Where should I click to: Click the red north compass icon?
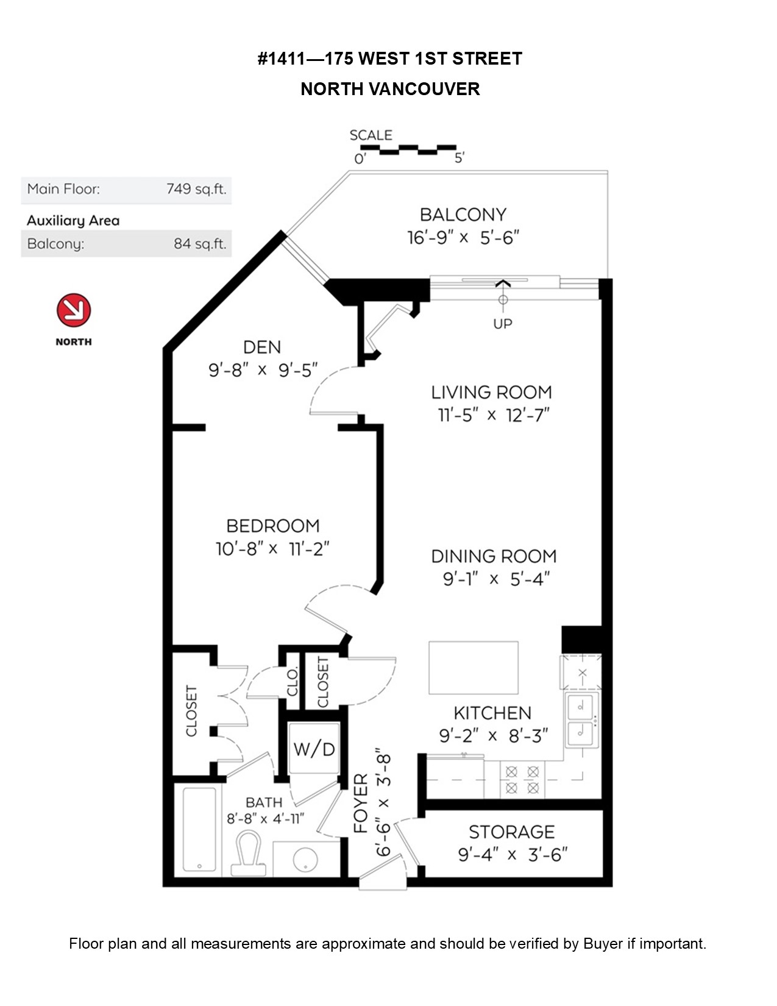[x=74, y=310]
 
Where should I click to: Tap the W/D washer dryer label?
[x=314, y=749]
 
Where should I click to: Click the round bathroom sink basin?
[x=305, y=859]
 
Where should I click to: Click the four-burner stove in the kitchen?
[x=522, y=780]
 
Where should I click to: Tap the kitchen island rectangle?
[x=474, y=668]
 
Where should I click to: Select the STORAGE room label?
[x=512, y=832]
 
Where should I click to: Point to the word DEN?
[x=262, y=347]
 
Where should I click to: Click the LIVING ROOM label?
[x=491, y=392]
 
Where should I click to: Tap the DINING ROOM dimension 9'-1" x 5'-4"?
[x=496, y=579]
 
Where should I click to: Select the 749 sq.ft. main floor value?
[x=196, y=189]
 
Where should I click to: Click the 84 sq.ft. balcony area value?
[x=200, y=243]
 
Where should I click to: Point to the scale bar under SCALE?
[x=408, y=149]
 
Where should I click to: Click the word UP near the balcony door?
[x=503, y=324]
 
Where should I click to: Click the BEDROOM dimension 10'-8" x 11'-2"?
[x=272, y=549]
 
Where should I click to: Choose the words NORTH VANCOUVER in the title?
[x=390, y=89]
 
